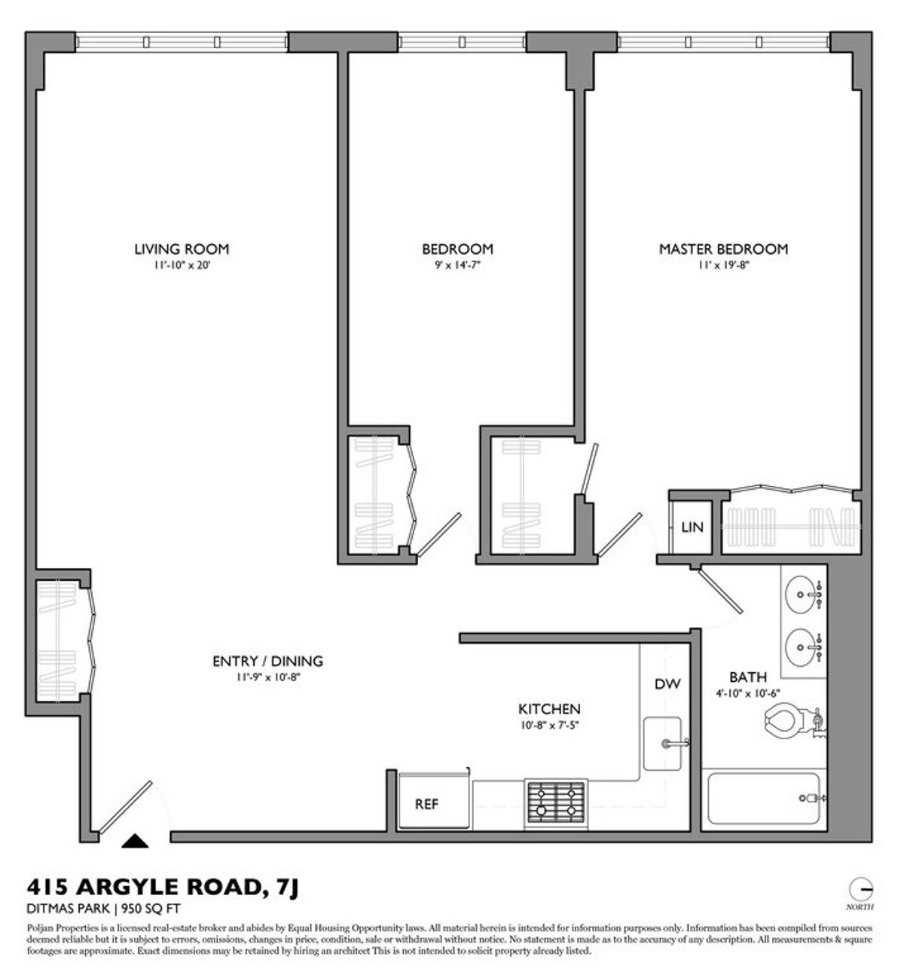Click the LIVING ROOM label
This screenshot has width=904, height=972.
point(181,249)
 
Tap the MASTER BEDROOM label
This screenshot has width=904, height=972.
point(723,249)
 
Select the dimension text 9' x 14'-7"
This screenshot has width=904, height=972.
point(457,265)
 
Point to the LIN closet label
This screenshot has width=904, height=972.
point(692,527)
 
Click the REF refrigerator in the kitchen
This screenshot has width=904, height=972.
point(426,804)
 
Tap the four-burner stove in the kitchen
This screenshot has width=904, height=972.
point(556,802)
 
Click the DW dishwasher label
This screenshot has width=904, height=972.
point(667,684)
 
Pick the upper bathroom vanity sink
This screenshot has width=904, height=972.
point(802,595)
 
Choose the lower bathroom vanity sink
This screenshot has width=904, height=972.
point(802,646)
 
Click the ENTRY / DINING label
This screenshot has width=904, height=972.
point(267,662)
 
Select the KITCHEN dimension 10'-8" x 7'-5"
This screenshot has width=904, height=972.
point(548,725)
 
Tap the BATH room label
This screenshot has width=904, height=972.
point(747,677)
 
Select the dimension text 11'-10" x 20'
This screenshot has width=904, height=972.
point(181,265)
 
